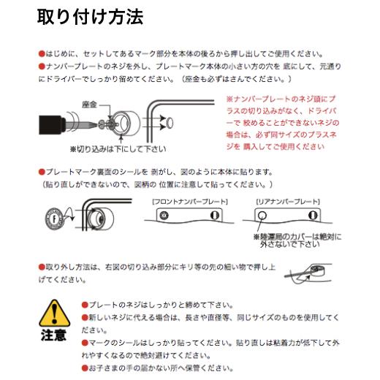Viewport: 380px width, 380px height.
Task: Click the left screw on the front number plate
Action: pyautogui.click(x=164, y=215)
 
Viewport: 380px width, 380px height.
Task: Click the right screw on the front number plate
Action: pyautogui.click(x=214, y=215)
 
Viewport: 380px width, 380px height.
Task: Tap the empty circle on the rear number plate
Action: pyautogui.click(x=265, y=215)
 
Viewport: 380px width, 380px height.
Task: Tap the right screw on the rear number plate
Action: pyautogui.click(x=315, y=215)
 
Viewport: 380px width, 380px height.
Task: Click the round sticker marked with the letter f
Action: pyautogui.click(x=54, y=217)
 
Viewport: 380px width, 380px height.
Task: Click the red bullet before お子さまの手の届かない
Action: pyautogui.click(x=85, y=368)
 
